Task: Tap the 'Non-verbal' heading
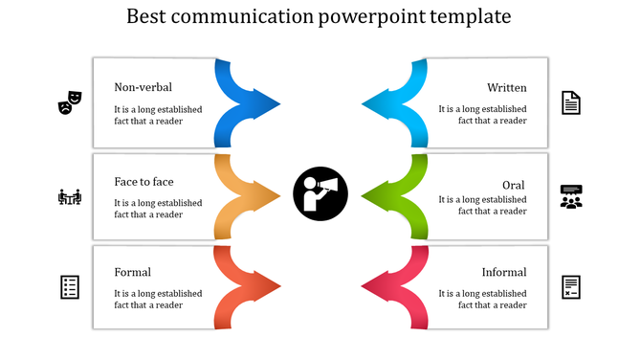[143, 88]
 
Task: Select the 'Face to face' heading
[144, 182]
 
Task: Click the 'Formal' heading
[132, 272]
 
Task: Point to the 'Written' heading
[506, 88]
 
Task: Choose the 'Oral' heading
[514, 185]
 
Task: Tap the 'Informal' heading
[504, 272]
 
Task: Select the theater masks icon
[71, 101]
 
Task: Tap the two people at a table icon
[70, 197]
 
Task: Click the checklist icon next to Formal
[70, 286]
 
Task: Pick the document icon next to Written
[570, 102]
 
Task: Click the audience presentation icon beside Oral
[571, 196]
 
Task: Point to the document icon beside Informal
[571, 286]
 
